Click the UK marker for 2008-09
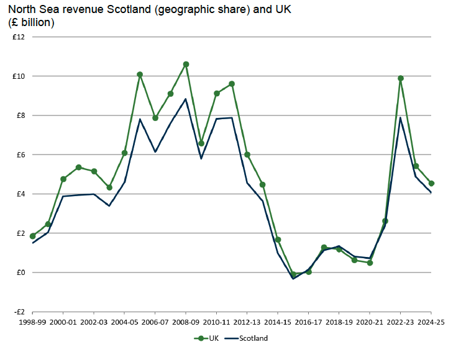click(186, 65)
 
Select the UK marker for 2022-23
click(401, 78)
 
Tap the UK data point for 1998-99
click(32, 236)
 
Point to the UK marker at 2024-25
click(431, 183)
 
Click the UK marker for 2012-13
click(247, 155)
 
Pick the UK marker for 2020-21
click(370, 263)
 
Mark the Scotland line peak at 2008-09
click(186, 99)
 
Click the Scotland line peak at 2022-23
click(401, 118)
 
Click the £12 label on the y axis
click(18, 37)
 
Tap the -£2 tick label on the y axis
click(18, 312)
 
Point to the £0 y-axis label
click(19, 272)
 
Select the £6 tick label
click(19, 155)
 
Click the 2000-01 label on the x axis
click(63, 323)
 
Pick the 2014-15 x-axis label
click(278, 323)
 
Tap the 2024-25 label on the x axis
click(431, 323)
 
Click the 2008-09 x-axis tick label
click(186, 323)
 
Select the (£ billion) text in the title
click(31, 23)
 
